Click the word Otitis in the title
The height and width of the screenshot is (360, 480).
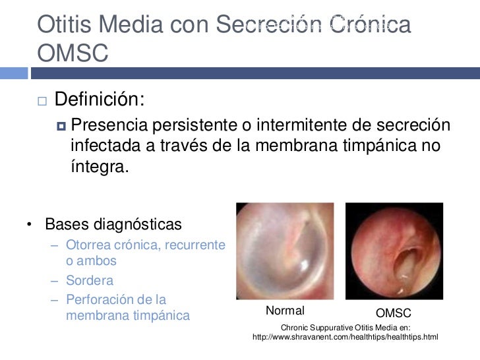coord(64,24)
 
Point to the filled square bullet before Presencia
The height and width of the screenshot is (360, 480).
coord(62,126)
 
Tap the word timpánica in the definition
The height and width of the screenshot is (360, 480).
coord(367,145)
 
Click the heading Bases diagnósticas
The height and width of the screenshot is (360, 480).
coord(113,225)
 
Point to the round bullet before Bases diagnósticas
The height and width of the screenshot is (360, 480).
coord(30,225)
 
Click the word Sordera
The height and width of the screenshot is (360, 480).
coord(90,280)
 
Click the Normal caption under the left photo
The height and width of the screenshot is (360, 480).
coord(285,311)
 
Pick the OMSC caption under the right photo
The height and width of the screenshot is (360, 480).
coord(393,312)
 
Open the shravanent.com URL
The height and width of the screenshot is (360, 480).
coord(345,338)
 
